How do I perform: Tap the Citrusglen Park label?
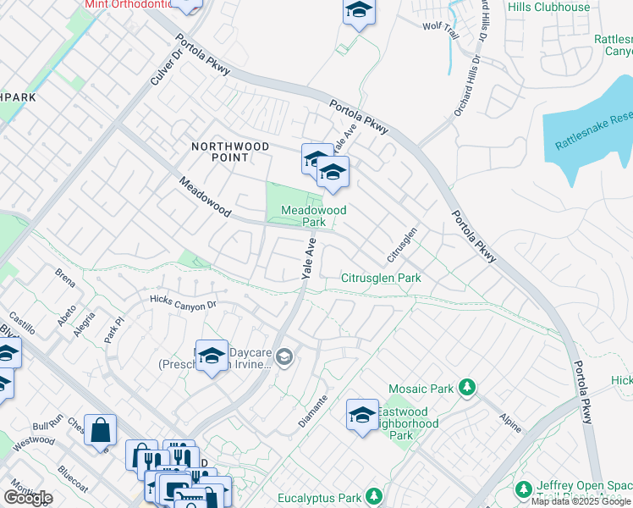tap(381, 278)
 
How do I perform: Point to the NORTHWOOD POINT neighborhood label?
tap(230, 152)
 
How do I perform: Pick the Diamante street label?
tap(311, 411)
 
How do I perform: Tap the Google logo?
tap(28, 498)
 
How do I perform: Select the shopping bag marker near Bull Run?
tap(100, 429)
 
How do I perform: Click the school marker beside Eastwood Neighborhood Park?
tap(362, 415)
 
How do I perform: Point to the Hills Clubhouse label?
tap(549, 8)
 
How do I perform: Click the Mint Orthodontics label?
tap(127, 4)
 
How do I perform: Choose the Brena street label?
tap(65, 276)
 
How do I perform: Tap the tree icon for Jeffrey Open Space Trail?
tap(524, 490)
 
